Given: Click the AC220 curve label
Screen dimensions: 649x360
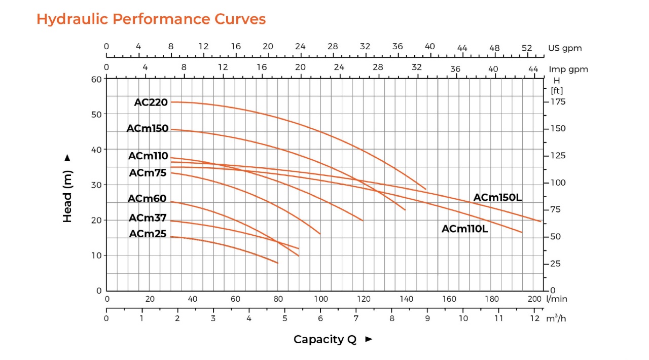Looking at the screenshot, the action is (151, 102).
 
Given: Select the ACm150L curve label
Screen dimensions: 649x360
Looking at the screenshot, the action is (497, 198).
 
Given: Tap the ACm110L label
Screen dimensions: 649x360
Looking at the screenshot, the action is (465, 229).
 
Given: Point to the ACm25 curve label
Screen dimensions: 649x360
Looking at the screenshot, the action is (148, 234).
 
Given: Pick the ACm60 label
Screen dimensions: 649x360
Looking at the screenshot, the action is (147, 199).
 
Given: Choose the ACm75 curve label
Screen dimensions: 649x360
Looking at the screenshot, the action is (148, 173).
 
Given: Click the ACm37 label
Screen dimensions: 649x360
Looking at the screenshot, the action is (148, 218).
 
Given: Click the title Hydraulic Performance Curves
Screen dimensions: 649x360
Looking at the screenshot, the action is (151, 19).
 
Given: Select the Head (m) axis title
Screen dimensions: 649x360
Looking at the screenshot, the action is (67, 197).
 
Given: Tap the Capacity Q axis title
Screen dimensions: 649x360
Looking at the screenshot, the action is (325, 339).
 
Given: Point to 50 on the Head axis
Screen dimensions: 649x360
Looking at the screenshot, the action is (96, 115).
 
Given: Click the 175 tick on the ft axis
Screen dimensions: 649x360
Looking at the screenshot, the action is (558, 102).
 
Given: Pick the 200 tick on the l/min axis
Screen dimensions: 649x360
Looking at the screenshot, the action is (534, 299).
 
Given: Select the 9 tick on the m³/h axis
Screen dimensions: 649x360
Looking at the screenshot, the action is (427, 318).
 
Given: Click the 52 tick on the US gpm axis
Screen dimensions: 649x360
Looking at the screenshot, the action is (527, 48).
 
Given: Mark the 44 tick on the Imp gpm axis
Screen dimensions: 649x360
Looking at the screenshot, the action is (533, 69).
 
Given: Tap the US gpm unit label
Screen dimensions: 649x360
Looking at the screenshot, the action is (565, 48).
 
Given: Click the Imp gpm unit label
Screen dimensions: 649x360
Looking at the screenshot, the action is (568, 69).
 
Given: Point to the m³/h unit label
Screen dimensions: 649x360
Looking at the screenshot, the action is (556, 318).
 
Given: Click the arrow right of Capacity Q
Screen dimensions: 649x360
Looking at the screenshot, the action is (369, 339).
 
